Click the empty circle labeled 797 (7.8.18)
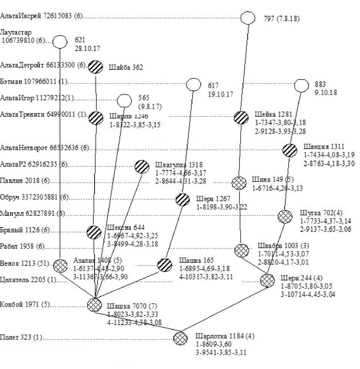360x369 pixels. click(247, 18)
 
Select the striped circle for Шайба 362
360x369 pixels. click(96, 67)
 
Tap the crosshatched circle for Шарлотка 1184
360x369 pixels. click(180, 338)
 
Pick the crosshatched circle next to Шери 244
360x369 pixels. click(267, 280)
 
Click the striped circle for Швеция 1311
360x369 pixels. click(290, 150)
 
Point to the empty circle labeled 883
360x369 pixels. click(301, 86)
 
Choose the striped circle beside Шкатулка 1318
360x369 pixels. click(142, 166)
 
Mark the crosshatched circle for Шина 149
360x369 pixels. click(239, 183)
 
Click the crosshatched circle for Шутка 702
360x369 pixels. click(285, 217)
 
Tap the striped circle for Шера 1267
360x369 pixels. click(183, 199)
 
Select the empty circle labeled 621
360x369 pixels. click(60, 42)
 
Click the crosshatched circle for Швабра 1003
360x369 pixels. click(241, 250)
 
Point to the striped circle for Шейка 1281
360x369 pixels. click(241, 117)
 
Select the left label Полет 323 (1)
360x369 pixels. click(22, 337)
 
